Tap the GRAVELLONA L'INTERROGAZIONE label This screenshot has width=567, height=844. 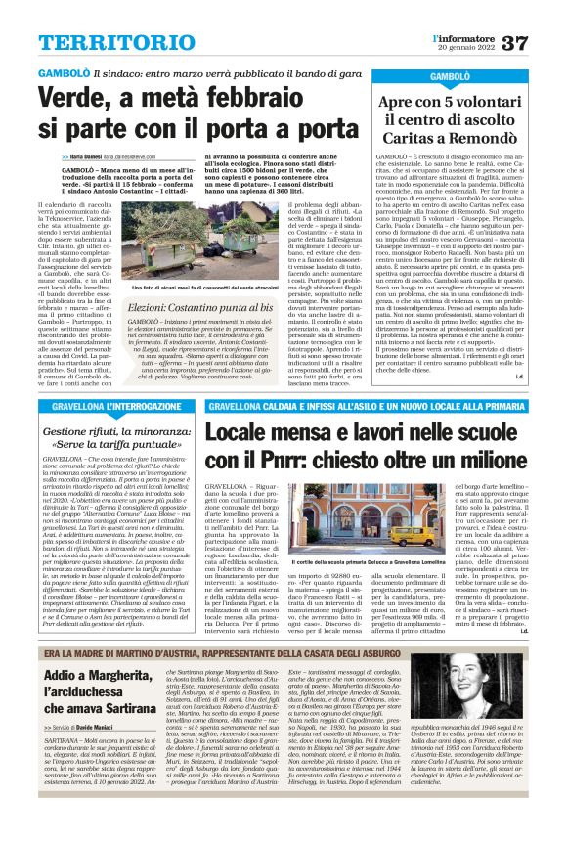(105, 405)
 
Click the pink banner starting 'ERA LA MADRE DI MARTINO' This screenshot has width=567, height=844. (283, 650)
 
